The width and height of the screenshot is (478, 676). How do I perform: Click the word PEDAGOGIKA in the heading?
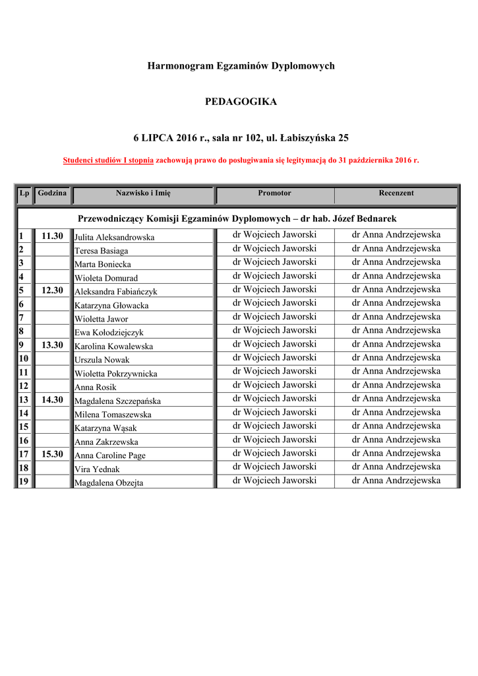[241, 102]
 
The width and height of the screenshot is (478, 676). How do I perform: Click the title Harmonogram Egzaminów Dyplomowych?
[241, 66]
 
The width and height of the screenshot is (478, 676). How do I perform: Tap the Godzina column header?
[52, 193]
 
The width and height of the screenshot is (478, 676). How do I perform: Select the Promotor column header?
[274, 193]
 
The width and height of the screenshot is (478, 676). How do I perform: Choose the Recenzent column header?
[396, 193]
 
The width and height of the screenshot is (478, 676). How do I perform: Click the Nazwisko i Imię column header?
[143, 193]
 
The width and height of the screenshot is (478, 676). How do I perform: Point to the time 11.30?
[52, 236]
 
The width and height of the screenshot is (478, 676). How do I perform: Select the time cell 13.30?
[52, 345]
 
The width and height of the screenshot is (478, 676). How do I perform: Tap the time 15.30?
[52, 454]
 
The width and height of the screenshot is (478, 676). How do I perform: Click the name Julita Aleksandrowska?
[114, 237]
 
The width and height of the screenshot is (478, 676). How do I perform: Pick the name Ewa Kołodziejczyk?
[109, 333]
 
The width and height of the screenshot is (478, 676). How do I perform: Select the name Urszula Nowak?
[102, 360]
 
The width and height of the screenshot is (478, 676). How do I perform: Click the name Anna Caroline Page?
[110, 456]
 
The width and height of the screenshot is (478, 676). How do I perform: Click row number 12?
[24, 386]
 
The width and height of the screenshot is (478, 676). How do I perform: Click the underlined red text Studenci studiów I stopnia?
[108, 160]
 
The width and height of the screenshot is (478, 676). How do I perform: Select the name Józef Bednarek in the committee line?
[365, 219]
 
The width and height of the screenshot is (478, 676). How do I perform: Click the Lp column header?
[24, 193]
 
